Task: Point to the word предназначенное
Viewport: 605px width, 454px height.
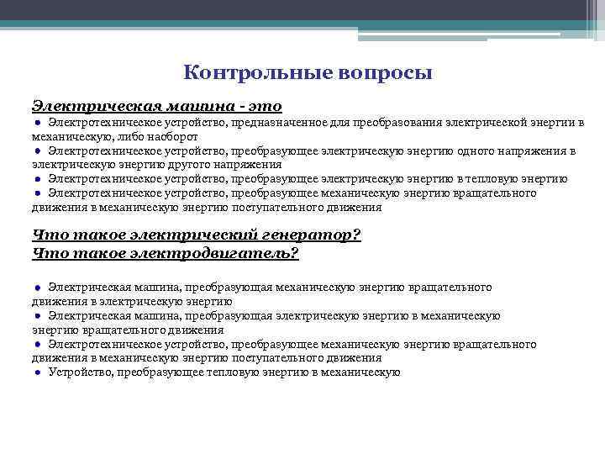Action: tap(299, 123)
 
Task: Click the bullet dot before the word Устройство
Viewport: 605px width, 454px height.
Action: tap(39, 372)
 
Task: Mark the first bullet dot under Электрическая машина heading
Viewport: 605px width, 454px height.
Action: tap(39, 123)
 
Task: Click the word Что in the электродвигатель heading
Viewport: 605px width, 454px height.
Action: tap(48, 253)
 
